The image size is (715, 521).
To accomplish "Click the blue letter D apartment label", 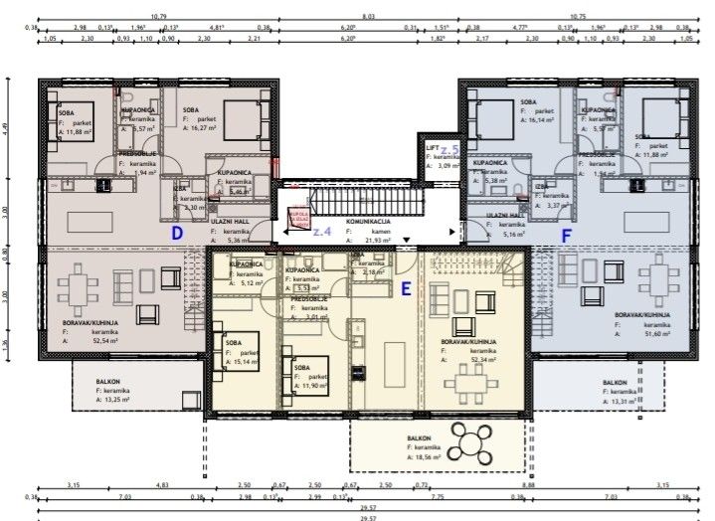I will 177,234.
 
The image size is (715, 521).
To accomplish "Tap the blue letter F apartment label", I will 567,238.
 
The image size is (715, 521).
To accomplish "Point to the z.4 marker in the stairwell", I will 320,230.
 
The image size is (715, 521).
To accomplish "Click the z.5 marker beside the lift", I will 448,150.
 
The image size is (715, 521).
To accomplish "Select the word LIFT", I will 433,146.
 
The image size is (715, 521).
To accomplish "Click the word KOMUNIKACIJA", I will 367,222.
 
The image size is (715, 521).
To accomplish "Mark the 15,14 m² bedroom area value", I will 246,361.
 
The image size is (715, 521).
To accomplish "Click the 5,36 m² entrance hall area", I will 239,240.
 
